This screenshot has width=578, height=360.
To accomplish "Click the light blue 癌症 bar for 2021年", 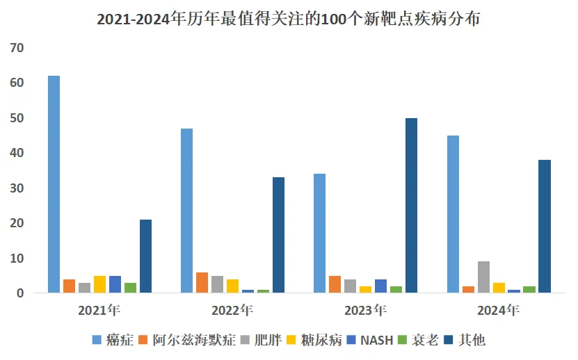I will [x=54, y=184].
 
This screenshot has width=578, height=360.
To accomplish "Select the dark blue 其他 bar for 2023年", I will [x=411, y=205].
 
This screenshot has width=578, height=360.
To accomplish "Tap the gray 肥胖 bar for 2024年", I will [x=483, y=277].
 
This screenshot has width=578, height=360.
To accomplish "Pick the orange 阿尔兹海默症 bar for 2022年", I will [x=202, y=282].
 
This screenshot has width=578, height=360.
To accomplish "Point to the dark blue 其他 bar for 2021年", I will [x=145, y=256].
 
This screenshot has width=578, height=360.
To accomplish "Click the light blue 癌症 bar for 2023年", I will [x=319, y=233].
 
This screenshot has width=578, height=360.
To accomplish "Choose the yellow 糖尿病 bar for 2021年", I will [x=99, y=284].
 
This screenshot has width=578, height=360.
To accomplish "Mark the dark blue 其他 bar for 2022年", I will [x=278, y=235].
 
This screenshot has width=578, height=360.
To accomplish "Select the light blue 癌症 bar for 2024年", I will [x=453, y=214].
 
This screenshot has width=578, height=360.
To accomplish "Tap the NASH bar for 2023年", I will [x=380, y=286].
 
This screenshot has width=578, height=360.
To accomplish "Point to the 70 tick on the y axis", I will [x=17, y=48].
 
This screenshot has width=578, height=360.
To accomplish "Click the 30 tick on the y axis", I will [x=17, y=188].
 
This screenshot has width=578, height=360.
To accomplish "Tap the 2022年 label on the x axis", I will [x=233, y=310].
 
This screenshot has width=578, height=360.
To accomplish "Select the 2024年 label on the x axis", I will [x=499, y=310].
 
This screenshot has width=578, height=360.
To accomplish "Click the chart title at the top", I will [x=288, y=19].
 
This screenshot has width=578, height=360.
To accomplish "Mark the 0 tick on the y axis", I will [x=20, y=293].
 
